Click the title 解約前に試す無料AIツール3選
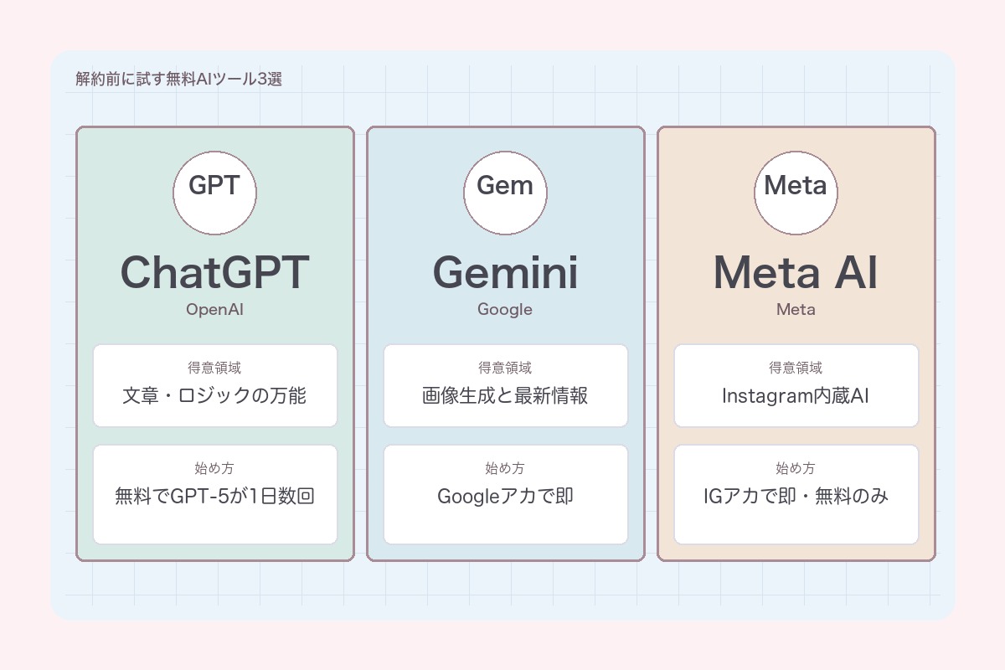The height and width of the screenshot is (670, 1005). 178,80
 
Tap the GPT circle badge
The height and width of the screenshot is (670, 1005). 214,193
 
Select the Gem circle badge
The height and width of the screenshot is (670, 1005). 505,193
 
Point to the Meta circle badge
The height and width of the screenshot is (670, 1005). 796,193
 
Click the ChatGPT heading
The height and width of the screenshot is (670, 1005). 214,272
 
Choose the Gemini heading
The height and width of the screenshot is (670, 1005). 505,272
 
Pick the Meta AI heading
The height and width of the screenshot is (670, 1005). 796,272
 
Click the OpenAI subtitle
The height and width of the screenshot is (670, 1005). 214,310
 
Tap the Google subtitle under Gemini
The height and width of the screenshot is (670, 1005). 505,310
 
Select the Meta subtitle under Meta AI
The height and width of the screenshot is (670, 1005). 796,310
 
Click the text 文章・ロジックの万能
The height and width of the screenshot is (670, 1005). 214,395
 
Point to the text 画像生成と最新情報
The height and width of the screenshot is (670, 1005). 505,395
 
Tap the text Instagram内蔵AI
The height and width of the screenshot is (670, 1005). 796,395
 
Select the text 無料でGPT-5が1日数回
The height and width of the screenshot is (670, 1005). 214,496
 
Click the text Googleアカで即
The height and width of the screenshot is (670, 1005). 505,496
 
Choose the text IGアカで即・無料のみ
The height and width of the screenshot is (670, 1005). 796,496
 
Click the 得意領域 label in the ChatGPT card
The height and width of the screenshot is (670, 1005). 214,368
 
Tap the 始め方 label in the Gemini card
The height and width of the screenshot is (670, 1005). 505,468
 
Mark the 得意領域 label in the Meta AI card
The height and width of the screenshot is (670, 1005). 796,368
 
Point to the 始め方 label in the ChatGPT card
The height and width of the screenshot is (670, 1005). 214,468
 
